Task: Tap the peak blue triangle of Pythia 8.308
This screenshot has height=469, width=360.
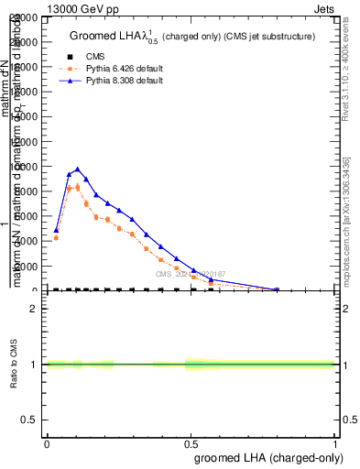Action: click(x=78, y=169)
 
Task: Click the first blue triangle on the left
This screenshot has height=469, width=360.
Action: click(x=56, y=231)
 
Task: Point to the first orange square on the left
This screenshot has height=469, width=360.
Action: click(x=56, y=238)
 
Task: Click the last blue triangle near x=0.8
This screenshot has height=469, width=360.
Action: click(x=277, y=289)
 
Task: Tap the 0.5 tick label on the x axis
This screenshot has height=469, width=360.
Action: click(x=191, y=443)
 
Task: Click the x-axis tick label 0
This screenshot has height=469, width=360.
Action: click(x=47, y=443)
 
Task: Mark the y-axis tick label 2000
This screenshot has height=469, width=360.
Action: click(x=29, y=266)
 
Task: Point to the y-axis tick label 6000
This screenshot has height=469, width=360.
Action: click(x=29, y=216)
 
